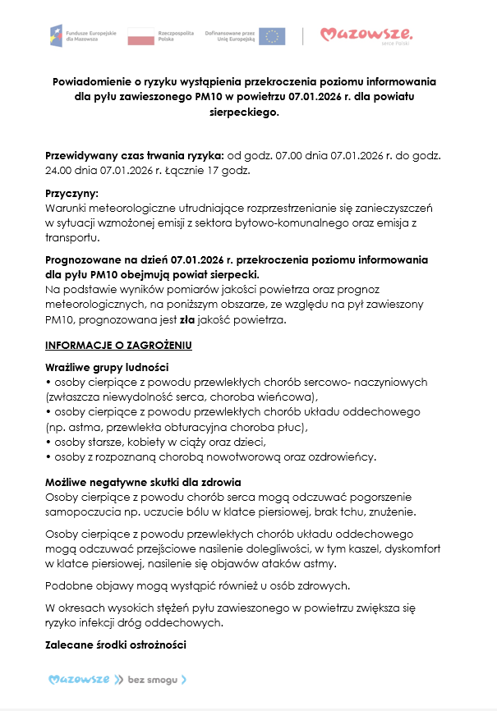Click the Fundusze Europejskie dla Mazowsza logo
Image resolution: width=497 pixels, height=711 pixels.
coord(82,35)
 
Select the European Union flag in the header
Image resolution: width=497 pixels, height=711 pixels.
coord(273,35)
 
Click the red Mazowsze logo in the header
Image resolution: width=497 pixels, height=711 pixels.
coord(366,34)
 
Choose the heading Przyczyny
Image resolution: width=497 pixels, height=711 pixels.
coord(71,194)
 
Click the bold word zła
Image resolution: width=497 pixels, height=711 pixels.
coord(187,319)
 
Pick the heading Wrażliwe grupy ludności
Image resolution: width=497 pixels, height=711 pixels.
coord(108,367)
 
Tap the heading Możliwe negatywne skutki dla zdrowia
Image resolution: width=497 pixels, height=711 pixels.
coord(143,481)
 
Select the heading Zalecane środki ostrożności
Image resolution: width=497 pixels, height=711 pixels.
coord(116,644)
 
